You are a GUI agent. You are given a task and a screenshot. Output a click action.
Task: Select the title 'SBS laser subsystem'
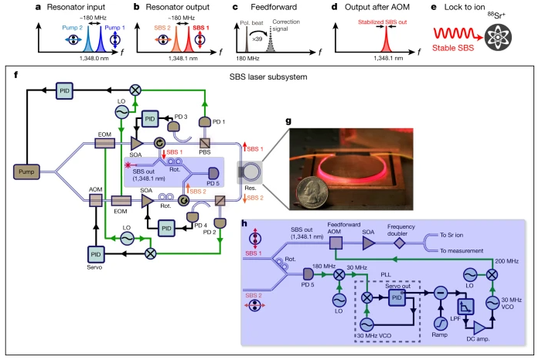(x=271, y=76)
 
